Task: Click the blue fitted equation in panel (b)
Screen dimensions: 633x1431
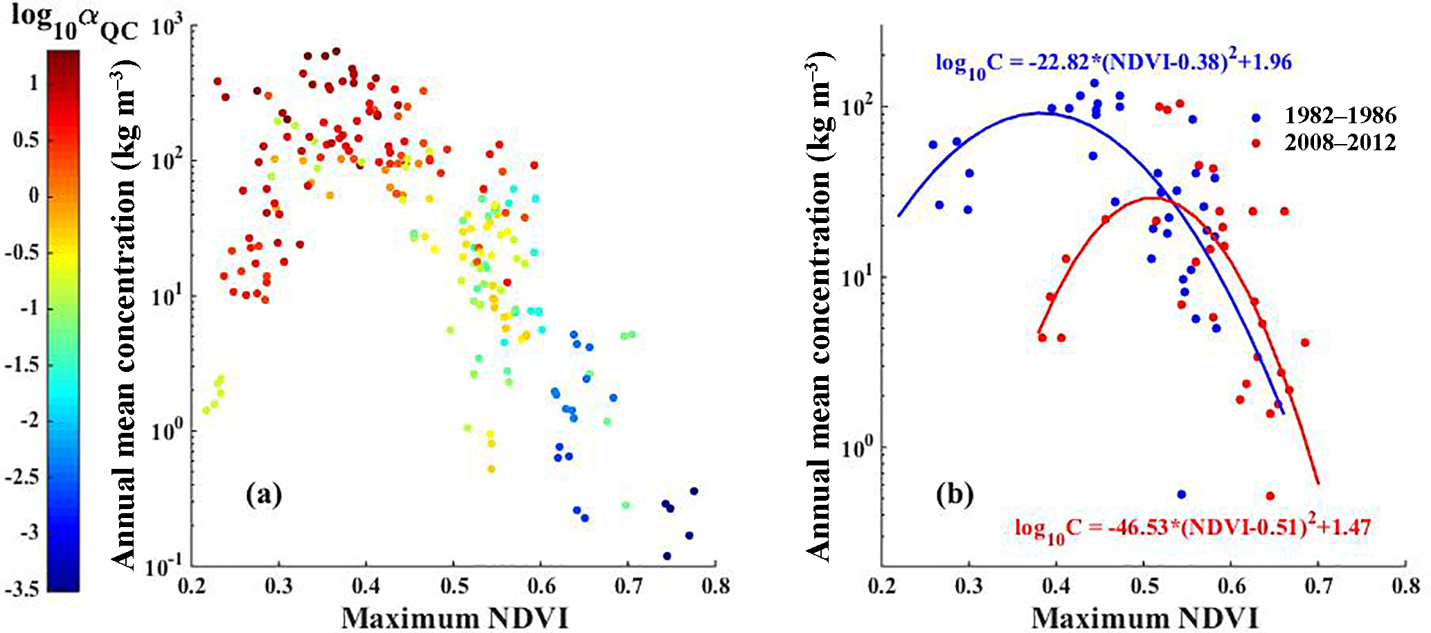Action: (1113, 64)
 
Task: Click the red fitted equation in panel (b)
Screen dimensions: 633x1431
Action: (1192, 529)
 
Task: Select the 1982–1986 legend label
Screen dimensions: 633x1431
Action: (1340, 115)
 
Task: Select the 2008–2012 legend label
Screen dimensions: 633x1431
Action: (1340, 143)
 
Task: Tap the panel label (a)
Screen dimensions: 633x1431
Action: (264, 494)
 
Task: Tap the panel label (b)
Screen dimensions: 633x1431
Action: (955, 494)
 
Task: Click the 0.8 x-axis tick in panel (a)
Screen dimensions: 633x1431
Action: (715, 587)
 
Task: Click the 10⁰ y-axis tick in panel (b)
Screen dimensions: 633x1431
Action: (856, 448)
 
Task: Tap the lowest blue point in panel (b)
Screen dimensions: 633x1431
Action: (1181, 494)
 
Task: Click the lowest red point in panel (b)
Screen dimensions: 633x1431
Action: (1270, 496)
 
